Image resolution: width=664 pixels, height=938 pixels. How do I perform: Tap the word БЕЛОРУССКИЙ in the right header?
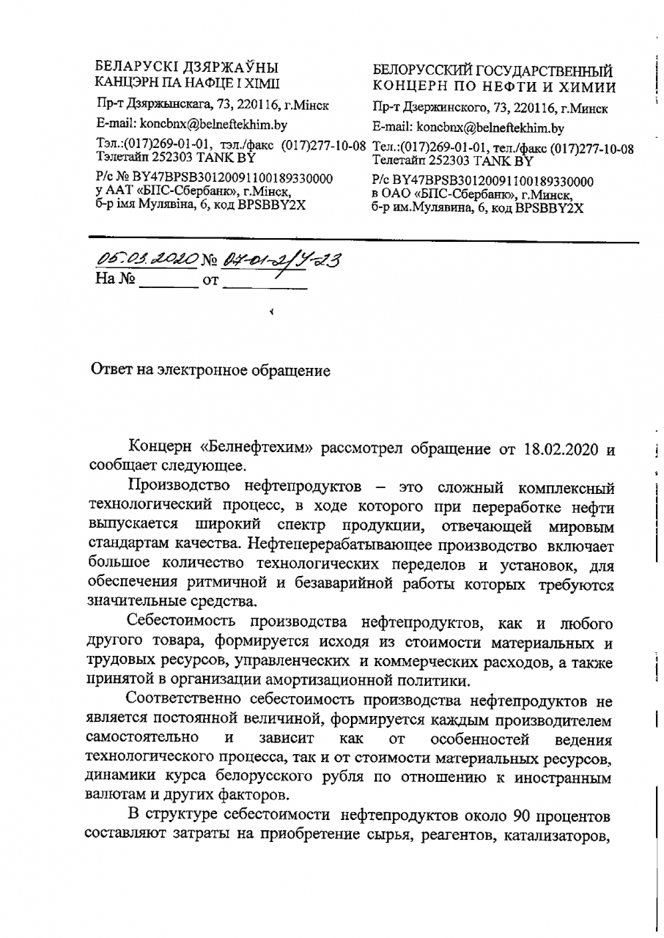click(421, 71)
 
